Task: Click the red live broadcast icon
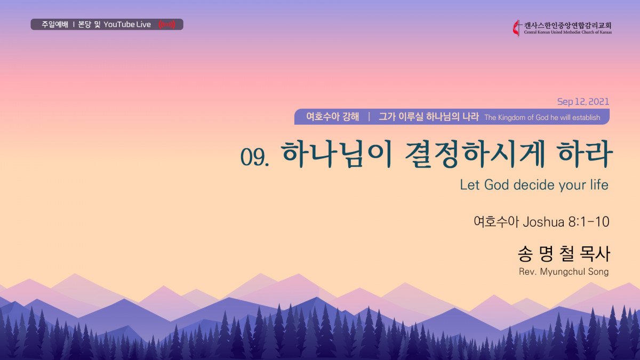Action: [x=166, y=25]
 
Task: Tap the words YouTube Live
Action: [x=127, y=25]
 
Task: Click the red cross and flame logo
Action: [x=516, y=28]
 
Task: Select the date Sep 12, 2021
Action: [x=583, y=101]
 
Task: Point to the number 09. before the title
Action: [x=254, y=157]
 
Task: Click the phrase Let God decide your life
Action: [x=534, y=185]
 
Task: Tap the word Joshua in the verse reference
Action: [x=543, y=222]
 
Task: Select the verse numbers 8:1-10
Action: [x=589, y=222]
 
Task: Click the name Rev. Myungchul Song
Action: [x=564, y=271]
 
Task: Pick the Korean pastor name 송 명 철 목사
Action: [x=564, y=254]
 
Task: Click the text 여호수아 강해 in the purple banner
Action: [x=333, y=117]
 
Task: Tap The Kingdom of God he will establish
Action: [x=542, y=117]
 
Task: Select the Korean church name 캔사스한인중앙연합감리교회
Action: [x=567, y=26]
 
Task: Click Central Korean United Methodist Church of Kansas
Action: [x=567, y=33]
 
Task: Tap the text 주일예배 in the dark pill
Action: [x=55, y=25]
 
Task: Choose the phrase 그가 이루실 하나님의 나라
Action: [x=429, y=117]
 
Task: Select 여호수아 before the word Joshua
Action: [x=496, y=222]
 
